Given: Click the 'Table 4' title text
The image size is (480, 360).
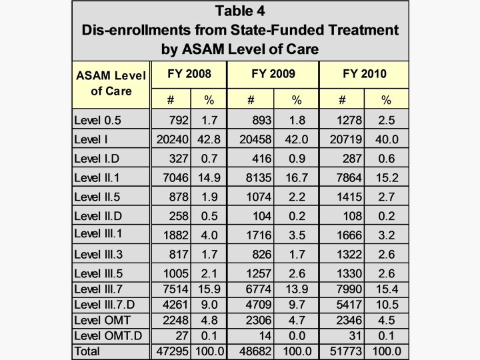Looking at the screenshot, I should pyautogui.click(x=239, y=11).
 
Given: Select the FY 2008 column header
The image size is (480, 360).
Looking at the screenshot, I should pyautogui.click(x=189, y=73).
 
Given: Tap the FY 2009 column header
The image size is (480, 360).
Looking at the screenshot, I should pyautogui.click(x=273, y=73).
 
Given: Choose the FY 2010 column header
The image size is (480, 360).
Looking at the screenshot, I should pyautogui.click(x=364, y=73).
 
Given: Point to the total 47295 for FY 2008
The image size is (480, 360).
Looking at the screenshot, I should pyautogui.click(x=170, y=351).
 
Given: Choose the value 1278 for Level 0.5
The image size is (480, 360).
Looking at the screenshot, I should pyautogui.click(x=348, y=121).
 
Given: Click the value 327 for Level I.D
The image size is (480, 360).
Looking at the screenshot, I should pyautogui.click(x=177, y=159).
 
